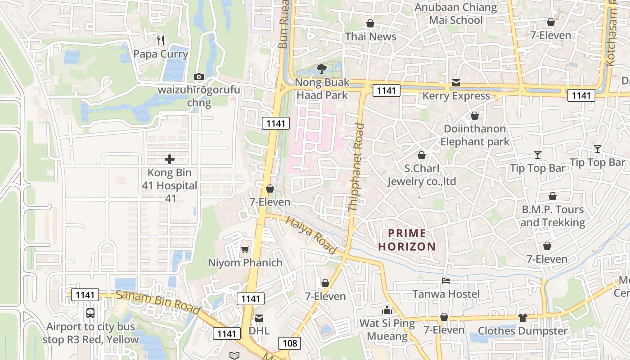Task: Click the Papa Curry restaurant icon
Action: click(161, 40)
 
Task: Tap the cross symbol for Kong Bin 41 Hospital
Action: click(170, 159)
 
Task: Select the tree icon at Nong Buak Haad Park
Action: click(321, 69)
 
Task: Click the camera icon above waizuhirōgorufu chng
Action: click(198, 76)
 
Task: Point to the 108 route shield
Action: click(289, 343)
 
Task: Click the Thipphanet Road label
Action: click(356, 167)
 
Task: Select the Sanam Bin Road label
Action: click(157, 302)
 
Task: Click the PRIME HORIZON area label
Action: click(407, 240)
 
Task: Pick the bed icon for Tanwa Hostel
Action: click(446, 281)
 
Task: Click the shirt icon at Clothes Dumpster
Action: click(522, 318)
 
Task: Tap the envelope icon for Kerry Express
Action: click(456, 83)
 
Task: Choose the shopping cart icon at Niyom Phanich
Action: click(245, 249)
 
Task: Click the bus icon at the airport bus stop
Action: click(90, 313)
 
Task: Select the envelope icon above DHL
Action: click(259, 318)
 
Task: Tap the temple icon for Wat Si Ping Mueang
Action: click(387, 310)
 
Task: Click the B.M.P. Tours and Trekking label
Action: click(553, 216)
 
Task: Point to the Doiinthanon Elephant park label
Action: click(474, 135)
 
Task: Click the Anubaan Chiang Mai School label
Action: click(455, 13)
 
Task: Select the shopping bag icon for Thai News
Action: click(370, 23)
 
